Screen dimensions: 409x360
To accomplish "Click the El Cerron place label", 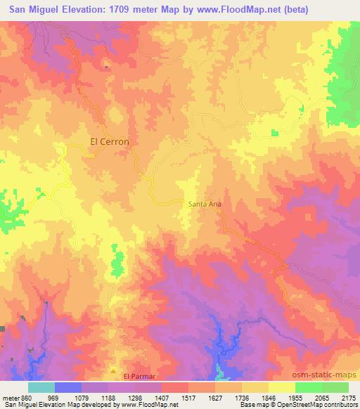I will click(110, 141).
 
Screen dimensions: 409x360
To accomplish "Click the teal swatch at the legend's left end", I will click(41, 387).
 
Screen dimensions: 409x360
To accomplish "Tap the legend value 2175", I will click(348, 397).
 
